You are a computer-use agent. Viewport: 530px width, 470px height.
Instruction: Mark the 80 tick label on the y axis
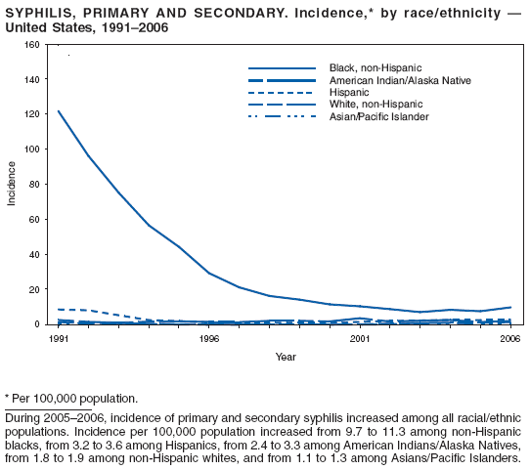point(35,185)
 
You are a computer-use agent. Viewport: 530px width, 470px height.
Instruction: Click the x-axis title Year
point(285,357)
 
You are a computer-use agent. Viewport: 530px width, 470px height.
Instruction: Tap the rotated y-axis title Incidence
point(12,185)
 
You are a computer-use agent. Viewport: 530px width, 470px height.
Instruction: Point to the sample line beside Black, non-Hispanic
point(283,66)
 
